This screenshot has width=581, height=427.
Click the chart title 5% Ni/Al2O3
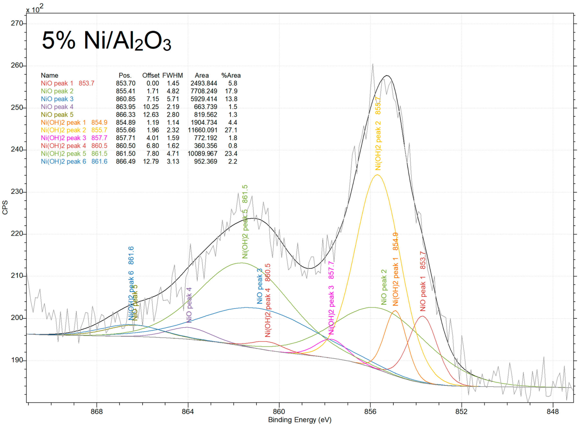pyautogui.click(x=106, y=41)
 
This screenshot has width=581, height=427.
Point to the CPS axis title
pyautogui.click(x=5, y=208)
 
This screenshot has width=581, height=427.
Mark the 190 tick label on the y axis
pyautogui.click(x=17, y=360)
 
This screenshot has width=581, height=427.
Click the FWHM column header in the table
pyautogui.click(x=172, y=75)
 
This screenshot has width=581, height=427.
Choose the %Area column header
pyautogui.click(x=231, y=75)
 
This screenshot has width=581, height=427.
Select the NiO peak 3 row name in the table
pyautogui.click(x=57, y=99)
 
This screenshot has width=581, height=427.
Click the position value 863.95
pyautogui.click(x=126, y=107)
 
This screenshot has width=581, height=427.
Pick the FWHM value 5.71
pyautogui.click(x=173, y=99)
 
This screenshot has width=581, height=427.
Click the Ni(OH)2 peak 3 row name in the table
pyautogui.click(x=63, y=138)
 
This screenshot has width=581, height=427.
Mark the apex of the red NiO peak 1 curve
pyautogui.click(x=423, y=316)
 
